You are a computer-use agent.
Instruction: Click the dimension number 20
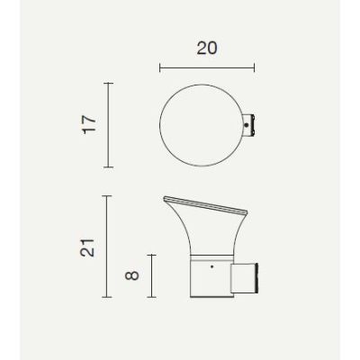[206, 49]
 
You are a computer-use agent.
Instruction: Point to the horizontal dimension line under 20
[206, 67]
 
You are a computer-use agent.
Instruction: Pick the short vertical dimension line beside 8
[150, 275]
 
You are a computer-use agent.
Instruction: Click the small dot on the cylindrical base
[211, 267]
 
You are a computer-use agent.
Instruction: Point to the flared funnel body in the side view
[207, 229]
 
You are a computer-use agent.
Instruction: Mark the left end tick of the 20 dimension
[159, 67]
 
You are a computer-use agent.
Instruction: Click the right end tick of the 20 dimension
[255, 67]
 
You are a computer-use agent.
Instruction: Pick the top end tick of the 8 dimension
[150, 256]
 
